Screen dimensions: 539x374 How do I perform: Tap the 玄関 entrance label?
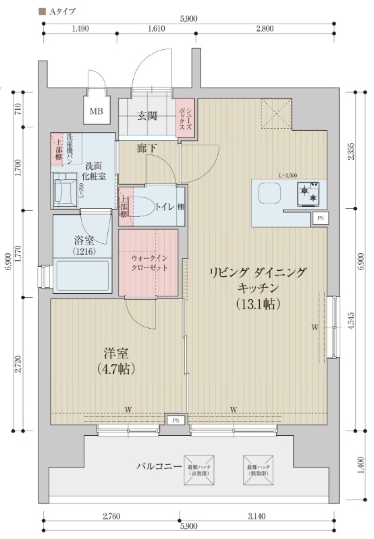tap(148, 116)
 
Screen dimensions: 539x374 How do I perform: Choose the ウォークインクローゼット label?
tap(149, 261)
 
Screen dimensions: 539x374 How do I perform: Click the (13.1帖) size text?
tap(258, 303)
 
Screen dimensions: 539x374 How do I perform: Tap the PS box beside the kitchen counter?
tap(319, 218)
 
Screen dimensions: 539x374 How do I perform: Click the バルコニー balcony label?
tap(159, 466)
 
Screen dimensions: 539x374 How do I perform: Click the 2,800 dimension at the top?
tap(264, 29)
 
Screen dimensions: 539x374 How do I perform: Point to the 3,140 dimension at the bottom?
tap(257, 517)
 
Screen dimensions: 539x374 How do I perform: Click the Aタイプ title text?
tap(61, 11)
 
